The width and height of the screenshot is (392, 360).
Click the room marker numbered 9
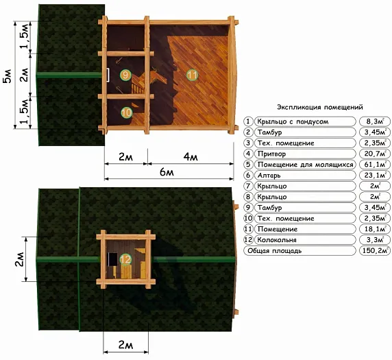pos(125,75)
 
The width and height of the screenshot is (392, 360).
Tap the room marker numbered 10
pos(127,112)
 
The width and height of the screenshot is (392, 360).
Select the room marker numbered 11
pos(193,75)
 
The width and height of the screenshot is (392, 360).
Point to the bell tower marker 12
pos(125,259)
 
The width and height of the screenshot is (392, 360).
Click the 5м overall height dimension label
pos(8,75)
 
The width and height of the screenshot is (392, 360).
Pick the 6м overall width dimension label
pos(167,172)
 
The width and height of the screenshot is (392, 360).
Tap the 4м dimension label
pos(191,157)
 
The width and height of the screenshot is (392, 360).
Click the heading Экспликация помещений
pos(320,108)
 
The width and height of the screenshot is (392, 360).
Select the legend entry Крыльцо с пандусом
pos(293,122)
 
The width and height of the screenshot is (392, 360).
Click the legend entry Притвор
pos(271,154)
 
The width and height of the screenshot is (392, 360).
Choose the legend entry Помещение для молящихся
pos(305,165)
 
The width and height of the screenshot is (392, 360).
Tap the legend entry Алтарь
pos(269,176)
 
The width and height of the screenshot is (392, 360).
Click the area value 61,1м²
pos(375,165)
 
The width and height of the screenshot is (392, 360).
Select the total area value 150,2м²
pos(375,251)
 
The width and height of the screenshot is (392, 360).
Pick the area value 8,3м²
pos(375,121)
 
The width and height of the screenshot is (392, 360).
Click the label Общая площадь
pos(275,251)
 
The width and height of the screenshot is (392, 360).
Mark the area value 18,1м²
pos(375,229)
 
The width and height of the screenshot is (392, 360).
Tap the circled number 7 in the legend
pos(248,186)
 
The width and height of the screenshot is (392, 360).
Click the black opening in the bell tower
pos(113,259)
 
